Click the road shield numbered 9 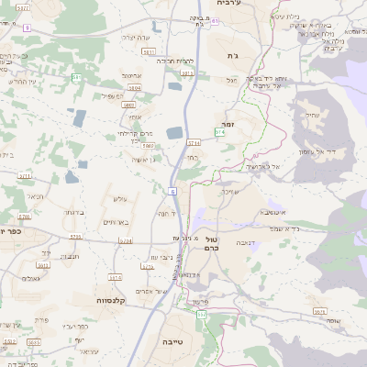point(27,28)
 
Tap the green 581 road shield point(77,77)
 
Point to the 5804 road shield point(136,87)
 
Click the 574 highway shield point(219,133)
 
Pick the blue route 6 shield point(172,191)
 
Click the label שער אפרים point(150,290)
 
